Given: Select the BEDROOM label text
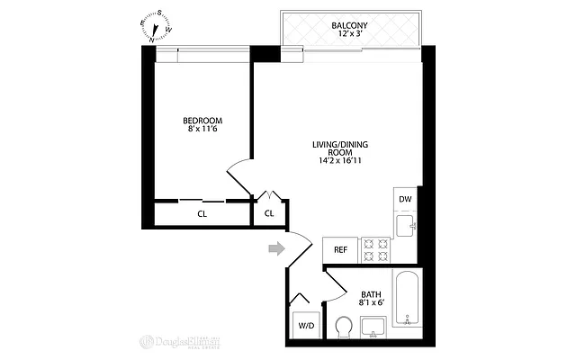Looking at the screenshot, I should point(202,121).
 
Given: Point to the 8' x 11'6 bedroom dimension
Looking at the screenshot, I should point(202,130).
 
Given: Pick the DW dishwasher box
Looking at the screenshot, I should point(405,200).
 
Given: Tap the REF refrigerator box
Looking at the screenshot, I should point(341,249).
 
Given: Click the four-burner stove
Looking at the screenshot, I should point(373,249).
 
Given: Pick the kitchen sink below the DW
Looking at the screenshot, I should point(406,225).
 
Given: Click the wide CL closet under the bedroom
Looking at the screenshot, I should point(202,214).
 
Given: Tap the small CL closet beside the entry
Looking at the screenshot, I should point(268,214).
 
